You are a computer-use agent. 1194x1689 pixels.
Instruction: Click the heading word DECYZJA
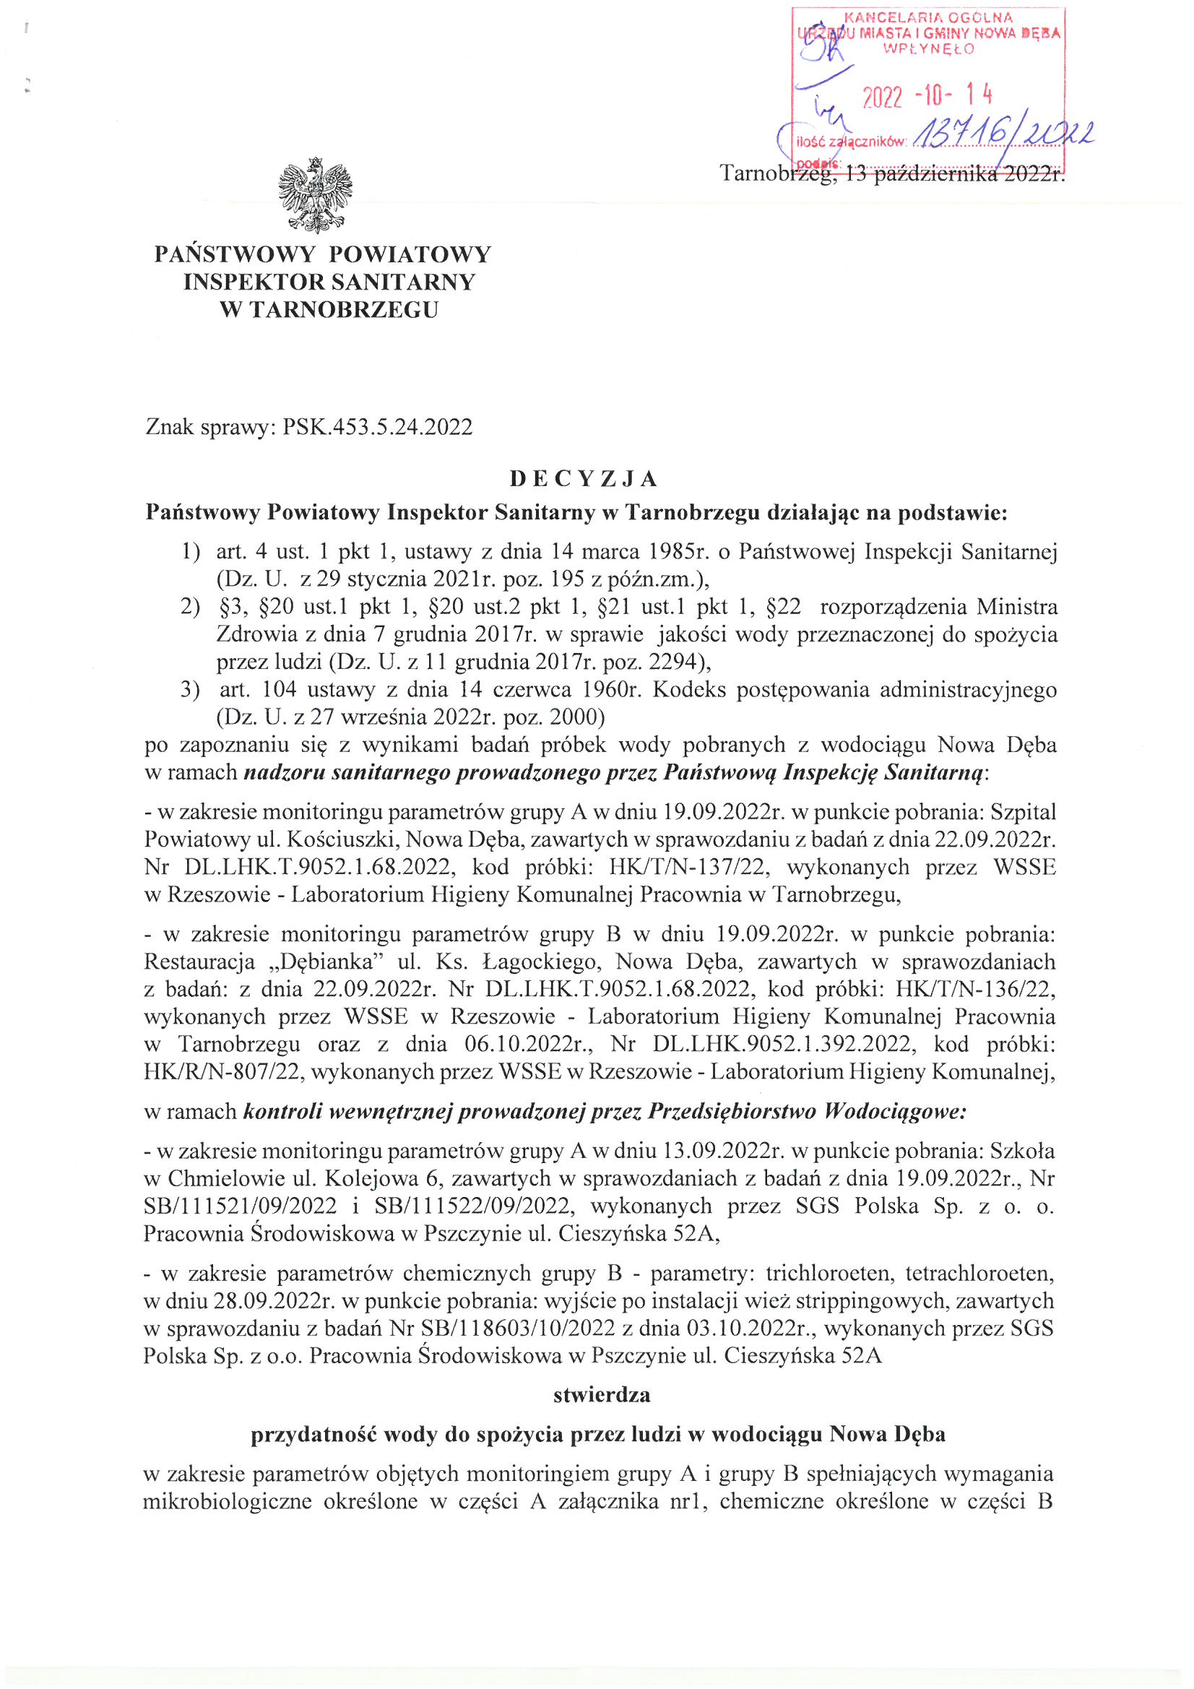(x=584, y=479)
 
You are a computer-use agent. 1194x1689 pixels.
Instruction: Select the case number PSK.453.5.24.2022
(x=377, y=428)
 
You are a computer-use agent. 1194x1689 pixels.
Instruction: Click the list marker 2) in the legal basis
(x=190, y=607)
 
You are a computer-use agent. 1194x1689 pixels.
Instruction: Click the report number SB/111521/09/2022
(x=240, y=1206)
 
